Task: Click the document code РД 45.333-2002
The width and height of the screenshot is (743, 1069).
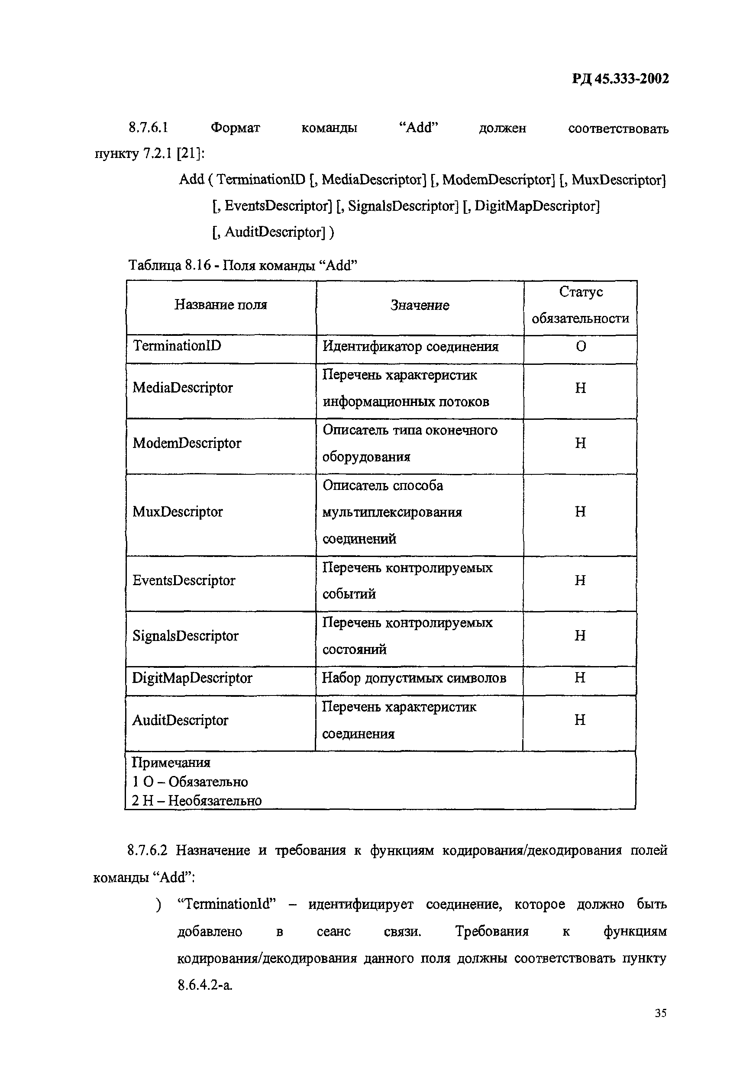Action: coord(620,79)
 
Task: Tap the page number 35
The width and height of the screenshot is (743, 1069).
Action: coord(660,1013)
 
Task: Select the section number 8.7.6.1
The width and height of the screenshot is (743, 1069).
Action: coord(148,127)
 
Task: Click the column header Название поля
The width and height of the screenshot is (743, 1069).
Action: coord(221,305)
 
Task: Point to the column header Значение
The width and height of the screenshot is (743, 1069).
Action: coord(420,305)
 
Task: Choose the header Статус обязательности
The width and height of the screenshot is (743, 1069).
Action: coord(580,305)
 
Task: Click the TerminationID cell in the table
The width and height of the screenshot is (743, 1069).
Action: coord(177,346)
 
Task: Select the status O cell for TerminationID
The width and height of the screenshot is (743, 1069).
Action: coord(581,346)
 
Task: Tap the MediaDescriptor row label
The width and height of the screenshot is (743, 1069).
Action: coord(182,388)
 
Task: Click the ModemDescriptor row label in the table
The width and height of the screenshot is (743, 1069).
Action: coord(187,443)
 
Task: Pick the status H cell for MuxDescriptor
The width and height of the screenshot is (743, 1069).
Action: coord(580,512)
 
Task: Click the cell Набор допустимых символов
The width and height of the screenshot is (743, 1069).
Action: coord(414,678)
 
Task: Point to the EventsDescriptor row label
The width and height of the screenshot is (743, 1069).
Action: coord(184,580)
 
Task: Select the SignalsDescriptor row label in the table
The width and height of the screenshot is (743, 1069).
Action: coord(185,636)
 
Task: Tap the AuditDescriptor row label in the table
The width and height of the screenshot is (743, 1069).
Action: coord(180,721)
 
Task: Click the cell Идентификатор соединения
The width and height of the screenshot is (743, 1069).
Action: coord(410,347)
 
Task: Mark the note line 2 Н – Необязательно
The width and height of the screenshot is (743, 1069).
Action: coord(197,801)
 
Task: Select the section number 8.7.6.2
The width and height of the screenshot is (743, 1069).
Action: coord(147,850)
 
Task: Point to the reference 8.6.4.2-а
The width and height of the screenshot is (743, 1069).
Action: coord(205,985)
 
